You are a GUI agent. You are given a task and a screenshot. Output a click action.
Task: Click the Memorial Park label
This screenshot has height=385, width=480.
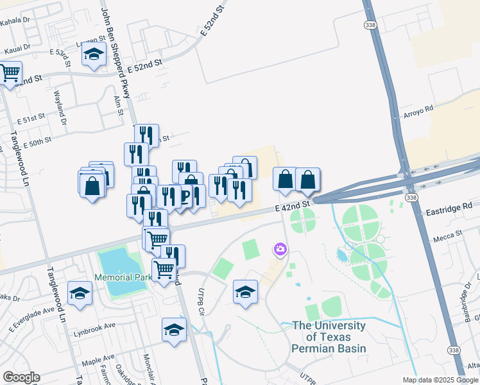click(122, 277)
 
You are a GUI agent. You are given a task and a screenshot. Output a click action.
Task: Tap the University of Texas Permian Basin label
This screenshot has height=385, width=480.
click(329, 337)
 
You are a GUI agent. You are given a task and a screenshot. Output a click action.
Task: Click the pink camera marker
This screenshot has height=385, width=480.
click(280, 249)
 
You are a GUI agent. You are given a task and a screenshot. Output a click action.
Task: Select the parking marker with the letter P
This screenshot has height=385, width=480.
click(185, 196)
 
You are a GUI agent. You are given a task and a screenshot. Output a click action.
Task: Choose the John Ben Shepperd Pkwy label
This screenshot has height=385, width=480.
click(117, 51)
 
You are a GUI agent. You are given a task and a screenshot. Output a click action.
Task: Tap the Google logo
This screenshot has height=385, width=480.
click(21, 377)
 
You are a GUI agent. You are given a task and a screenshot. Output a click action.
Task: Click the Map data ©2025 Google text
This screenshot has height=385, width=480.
click(440, 380)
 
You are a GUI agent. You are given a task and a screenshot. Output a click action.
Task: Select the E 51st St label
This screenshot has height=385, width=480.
click(31, 120)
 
